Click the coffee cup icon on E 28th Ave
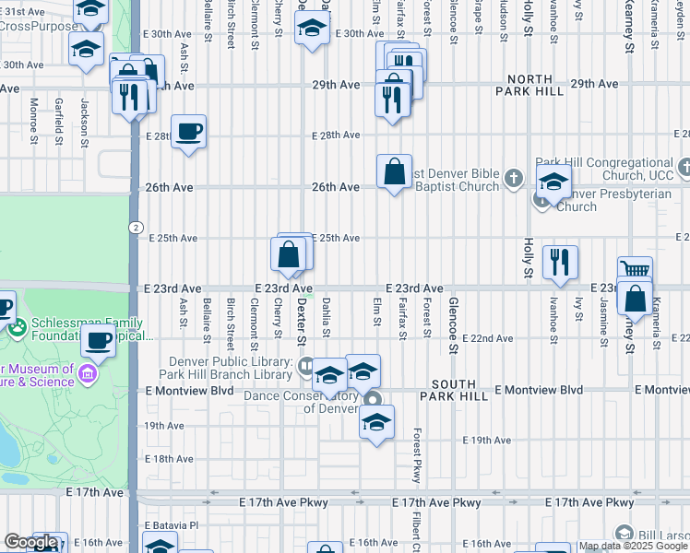pos(188,132)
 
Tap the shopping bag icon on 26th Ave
pos(394,171)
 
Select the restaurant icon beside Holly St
pos(559,263)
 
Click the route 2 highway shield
pos(136,227)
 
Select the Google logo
pos(30,543)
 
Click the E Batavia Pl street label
pos(172,525)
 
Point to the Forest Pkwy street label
pos(417,455)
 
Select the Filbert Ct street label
pos(417,529)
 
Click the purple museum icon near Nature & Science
pos(88,373)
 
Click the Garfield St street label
pos(58,123)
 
